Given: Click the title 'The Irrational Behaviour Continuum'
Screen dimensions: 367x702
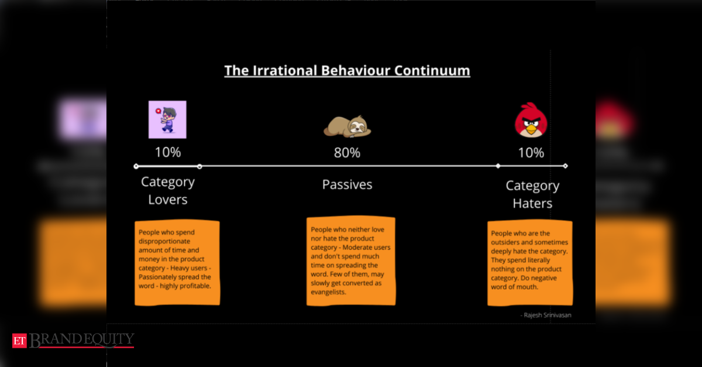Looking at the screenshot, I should point(347,71).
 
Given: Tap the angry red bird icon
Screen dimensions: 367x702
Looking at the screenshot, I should point(531,120).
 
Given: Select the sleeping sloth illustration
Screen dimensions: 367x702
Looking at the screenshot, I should point(347,126).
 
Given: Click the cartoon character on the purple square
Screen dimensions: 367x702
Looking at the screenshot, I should point(167,119).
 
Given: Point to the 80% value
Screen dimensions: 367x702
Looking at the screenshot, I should point(347,153).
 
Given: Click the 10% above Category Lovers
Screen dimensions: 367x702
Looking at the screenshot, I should point(168,153).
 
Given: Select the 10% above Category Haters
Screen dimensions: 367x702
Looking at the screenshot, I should point(531,153).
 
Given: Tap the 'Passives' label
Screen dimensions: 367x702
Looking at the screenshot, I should point(347,185).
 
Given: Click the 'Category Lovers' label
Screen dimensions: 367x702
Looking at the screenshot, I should point(168,191).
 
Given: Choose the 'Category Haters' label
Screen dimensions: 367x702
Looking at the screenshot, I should point(532,194).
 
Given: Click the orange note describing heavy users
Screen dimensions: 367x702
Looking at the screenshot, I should point(177,263).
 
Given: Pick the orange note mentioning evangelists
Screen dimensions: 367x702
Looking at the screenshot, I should point(350,261).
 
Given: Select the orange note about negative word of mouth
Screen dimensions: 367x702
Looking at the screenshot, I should point(529,262).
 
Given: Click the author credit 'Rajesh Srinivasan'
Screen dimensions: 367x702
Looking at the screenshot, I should point(546,315).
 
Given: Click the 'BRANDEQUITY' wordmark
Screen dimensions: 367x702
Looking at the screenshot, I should point(82,340).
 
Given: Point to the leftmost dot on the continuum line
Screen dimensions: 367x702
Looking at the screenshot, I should point(136,166).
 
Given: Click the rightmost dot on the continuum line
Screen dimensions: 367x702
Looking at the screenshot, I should point(565,166).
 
